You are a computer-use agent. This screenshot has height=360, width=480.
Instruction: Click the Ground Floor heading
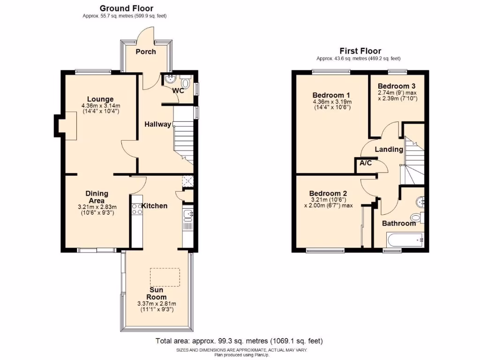pyautogui.click(x=126, y=8)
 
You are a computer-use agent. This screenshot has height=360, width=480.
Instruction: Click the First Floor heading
pyautogui.click(x=360, y=51)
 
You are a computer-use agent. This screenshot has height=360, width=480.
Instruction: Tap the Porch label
pyautogui.click(x=146, y=52)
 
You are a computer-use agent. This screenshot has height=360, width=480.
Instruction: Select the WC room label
pyautogui.click(x=178, y=90)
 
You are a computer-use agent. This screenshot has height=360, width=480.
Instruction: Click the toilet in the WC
pyautogui.click(x=185, y=84)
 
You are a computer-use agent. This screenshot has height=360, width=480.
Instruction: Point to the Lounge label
pyautogui.click(x=100, y=99)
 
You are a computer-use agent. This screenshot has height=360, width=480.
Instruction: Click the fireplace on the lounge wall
pyautogui.click(x=66, y=125)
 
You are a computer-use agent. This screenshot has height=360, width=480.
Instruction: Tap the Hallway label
pyautogui.click(x=157, y=124)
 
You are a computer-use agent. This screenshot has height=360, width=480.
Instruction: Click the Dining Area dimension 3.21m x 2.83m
pyautogui.click(x=97, y=207)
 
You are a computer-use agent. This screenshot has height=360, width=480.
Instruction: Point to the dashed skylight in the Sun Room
pyautogui.click(x=165, y=276)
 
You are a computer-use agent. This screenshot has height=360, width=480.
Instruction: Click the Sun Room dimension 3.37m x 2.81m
pyautogui.click(x=156, y=304)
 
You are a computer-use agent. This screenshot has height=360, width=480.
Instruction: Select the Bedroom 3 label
pyautogui.click(x=397, y=86)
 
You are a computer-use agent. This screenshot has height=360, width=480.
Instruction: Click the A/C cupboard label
pyautogui.click(x=366, y=164)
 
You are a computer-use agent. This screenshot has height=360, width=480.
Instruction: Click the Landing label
pyautogui.click(x=389, y=150)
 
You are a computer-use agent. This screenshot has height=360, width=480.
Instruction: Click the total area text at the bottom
pyautogui.click(x=239, y=341)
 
